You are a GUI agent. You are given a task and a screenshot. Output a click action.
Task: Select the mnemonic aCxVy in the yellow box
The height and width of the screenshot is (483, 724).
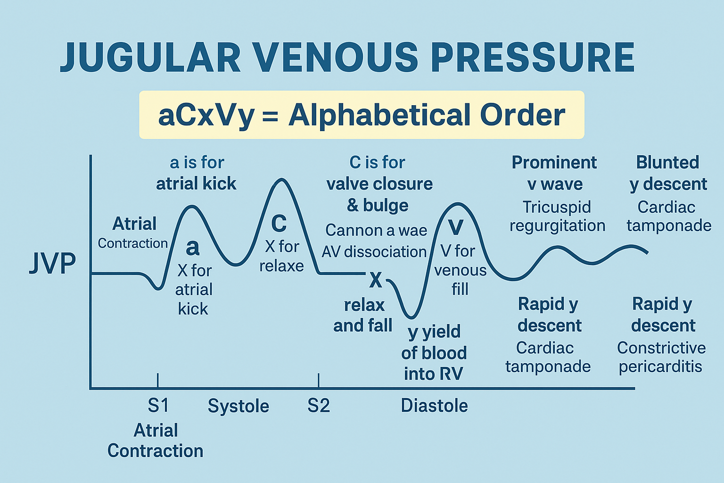pos(206,116)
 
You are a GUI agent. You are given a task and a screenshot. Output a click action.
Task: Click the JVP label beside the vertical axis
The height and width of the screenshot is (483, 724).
pos(52,263)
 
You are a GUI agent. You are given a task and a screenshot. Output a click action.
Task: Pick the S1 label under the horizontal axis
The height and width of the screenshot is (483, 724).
pos(158,406)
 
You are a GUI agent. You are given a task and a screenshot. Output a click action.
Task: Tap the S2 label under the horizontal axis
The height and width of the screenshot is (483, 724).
pos(319,406)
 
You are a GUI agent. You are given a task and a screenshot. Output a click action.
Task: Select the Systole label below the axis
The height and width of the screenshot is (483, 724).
pos(239,406)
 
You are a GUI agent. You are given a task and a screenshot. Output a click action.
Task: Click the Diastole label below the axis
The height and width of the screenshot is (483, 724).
pos(434,406)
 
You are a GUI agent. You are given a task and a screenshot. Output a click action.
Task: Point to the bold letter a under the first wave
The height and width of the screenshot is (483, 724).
pos(193,247)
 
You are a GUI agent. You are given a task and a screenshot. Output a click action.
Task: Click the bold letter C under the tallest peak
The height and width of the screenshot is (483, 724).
pos(279,224)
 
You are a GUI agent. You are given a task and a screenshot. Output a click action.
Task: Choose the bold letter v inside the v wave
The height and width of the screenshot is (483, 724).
pos(456,227)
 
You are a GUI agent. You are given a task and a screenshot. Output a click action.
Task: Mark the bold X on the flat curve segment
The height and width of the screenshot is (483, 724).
pos(376,280)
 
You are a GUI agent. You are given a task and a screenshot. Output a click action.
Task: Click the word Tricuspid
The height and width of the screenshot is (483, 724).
pos(557,207)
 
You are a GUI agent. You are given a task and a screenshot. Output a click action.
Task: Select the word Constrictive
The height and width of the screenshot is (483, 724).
pos(661,348)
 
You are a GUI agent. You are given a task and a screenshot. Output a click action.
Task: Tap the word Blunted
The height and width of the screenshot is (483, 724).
pos(667,162)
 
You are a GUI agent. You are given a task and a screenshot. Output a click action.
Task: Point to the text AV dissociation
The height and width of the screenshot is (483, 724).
pos(374,252)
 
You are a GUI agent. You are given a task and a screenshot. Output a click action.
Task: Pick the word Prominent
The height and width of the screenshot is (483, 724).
pos(554,162)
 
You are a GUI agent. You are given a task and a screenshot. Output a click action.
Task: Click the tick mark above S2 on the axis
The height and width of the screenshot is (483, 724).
pos(319,380)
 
